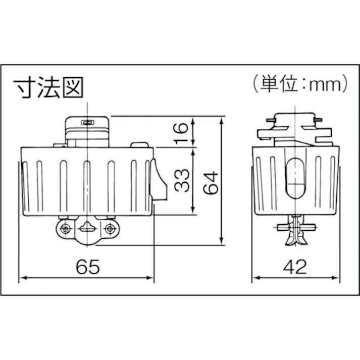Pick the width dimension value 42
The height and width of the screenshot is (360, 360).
[295, 267]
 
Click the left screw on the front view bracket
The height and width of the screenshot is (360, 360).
[64, 229]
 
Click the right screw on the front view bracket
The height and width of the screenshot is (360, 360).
[108, 229]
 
